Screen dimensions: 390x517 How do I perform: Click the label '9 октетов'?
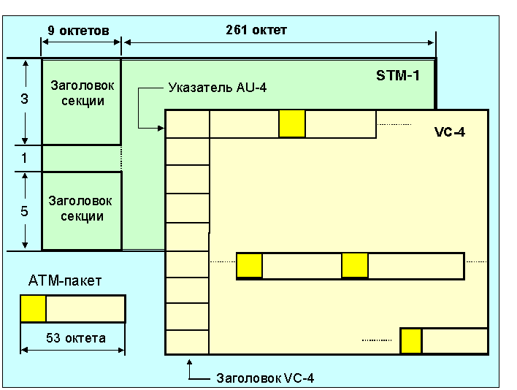pyautogui.click(x=78, y=31)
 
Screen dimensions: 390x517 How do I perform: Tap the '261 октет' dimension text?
pyautogui.click(x=257, y=30)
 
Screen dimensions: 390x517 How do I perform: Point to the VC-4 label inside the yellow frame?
pyautogui.click(x=449, y=132)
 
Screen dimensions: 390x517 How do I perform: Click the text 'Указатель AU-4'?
pyautogui.click(x=218, y=88)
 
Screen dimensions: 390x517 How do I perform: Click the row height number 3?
pyautogui.click(x=24, y=99)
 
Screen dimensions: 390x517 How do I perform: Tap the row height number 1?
pyautogui.click(x=24, y=157)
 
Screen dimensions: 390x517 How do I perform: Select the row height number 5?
pyautogui.click(x=24, y=211)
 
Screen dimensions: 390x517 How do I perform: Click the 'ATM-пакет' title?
pyautogui.click(x=65, y=280)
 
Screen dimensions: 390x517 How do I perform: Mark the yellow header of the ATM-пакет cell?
pyautogui.click(x=34, y=308)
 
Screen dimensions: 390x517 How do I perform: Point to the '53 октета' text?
pyautogui.click(x=75, y=338)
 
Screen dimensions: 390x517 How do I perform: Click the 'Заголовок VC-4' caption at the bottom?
pyautogui.click(x=266, y=378)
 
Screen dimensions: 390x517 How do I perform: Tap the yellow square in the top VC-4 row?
pyautogui.click(x=292, y=123)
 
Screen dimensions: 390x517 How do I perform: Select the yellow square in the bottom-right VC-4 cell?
pyautogui.click(x=411, y=342)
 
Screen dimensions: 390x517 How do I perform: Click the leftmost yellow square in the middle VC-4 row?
pyautogui.click(x=250, y=266)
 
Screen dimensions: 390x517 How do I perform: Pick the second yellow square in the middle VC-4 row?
pyautogui.click(x=355, y=266)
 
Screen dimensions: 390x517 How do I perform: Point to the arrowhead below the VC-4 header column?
pyautogui.click(x=189, y=361)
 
